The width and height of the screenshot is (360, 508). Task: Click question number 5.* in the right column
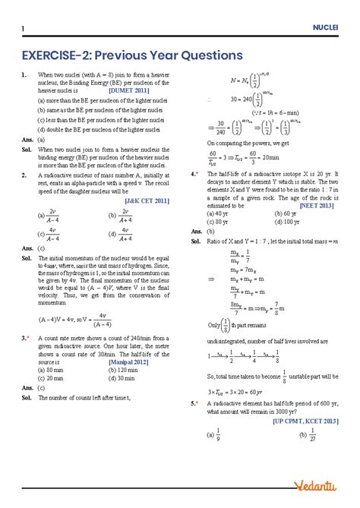195,403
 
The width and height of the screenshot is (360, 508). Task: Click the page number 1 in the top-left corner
24,28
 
